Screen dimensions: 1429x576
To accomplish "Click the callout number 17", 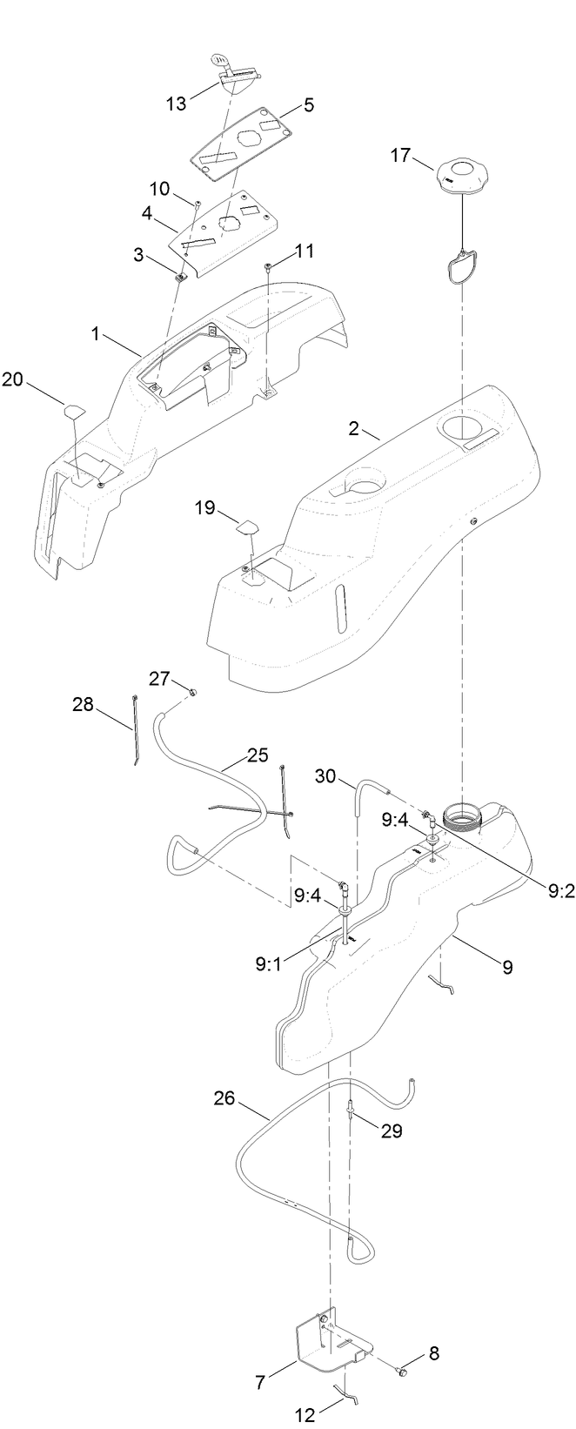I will tap(400, 157).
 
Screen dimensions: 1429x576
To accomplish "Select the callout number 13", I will tap(177, 104).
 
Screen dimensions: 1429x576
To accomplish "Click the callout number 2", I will tap(353, 429).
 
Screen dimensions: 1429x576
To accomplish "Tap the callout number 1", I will tap(97, 333).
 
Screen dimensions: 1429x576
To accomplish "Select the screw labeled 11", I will tap(270, 266).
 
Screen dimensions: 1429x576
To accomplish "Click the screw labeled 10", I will tap(198, 204).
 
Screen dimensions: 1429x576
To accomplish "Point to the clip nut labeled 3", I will tap(179, 278).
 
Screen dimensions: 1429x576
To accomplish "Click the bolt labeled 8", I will tap(403, 1372).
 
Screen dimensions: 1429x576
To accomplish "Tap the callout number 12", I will tap(305, 1416).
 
